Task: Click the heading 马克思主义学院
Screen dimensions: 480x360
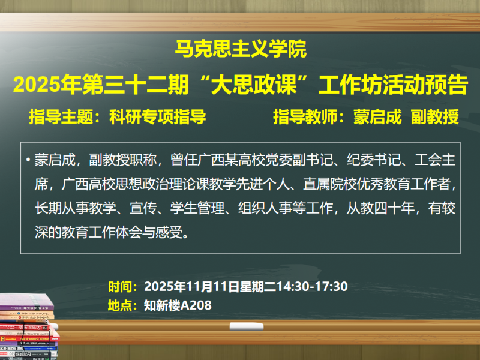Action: pos(241,49)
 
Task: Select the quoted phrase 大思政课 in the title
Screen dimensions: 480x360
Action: pos(254,85)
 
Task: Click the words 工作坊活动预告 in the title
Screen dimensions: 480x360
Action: pos(393,85)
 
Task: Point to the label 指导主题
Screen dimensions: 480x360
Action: pos(61,117)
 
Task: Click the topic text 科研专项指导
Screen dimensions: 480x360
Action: pos(158,117)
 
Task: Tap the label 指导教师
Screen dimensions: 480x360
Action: pos(305,117)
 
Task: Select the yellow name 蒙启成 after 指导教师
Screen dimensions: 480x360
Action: pos(377,117)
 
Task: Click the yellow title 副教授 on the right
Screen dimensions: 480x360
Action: pos(434,117)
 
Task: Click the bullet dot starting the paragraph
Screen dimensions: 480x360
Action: pos(28,160)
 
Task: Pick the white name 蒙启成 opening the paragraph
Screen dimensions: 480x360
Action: pos(55,160)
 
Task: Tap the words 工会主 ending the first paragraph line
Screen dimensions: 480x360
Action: pos(435,160)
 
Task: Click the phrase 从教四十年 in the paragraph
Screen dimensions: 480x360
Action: pos(380,208)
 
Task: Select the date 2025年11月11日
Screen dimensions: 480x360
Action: pos(191,287)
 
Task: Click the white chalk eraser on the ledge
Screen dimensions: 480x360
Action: pos(247,326)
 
